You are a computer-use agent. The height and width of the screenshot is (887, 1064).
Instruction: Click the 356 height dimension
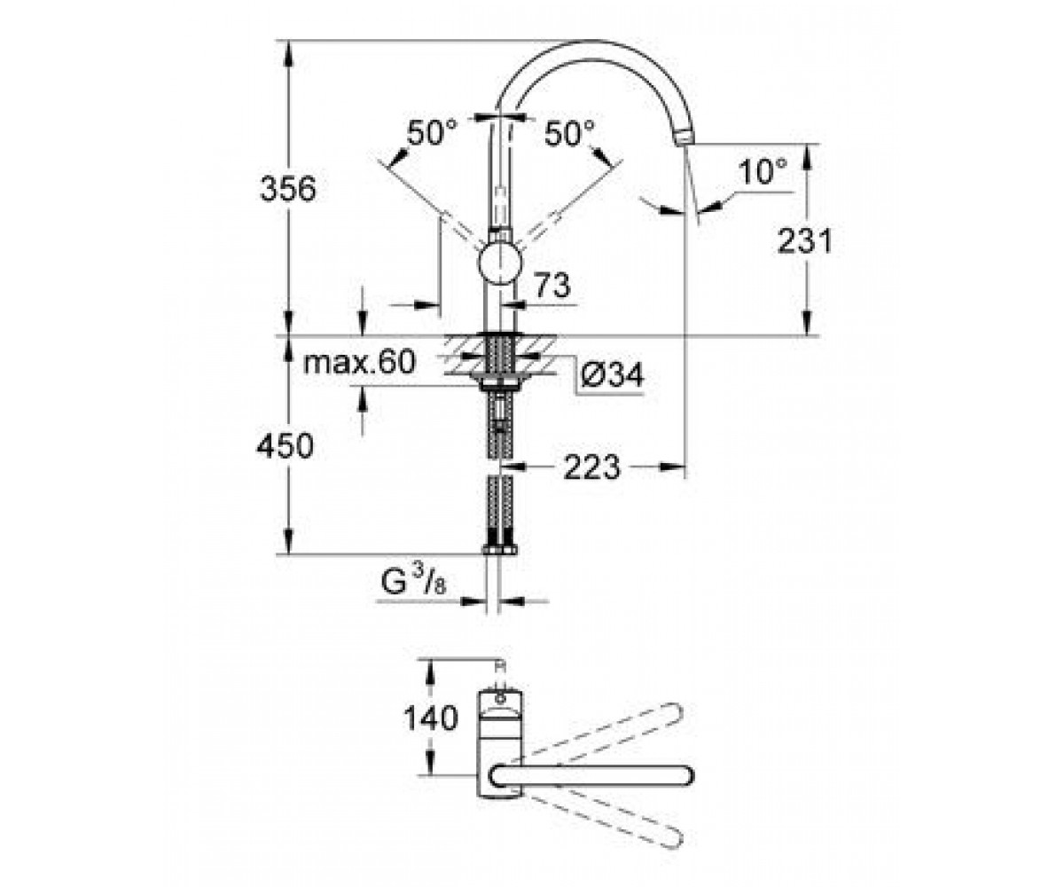pyautogui.click(x=288, y=189)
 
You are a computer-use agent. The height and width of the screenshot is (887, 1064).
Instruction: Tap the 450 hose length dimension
pyautogui.click(x=285, y=446)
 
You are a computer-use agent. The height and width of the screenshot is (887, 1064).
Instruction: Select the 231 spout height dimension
pyautogui.click(x=804, y=240)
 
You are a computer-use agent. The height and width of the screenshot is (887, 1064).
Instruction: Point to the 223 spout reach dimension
pyautogui.click(x=592, y=467)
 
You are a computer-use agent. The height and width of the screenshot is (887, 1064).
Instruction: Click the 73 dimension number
pyautogui.click(x=553, y=286)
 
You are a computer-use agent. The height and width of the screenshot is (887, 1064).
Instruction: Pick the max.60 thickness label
pyautogui.click(x=359, y=363)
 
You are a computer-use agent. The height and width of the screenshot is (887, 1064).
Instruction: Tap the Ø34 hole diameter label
pyautogui.click(x=613, y=375)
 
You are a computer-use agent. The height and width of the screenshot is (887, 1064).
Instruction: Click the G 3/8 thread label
pyautogui.click(x=413, y=582)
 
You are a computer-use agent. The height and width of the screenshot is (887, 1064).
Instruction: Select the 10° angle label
pyautogui.click(x=763, y=171)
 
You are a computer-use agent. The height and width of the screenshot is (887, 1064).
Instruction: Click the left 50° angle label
pyautogui.click(x=432, y=133)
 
